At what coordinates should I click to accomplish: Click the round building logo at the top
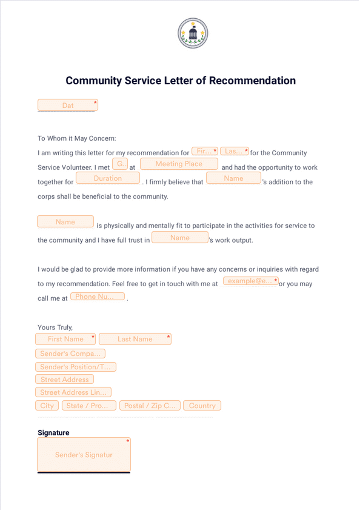(x=193, y=33)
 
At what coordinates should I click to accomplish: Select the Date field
(x=67, y=106)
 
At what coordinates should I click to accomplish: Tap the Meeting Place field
(x=179, y=164)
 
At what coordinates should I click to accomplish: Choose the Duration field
(x=108, y=178)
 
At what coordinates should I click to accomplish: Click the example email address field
(x=250, y=281)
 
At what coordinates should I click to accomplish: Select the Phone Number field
(x=97, y=297)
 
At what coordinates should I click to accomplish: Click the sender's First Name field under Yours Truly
(x=65, y=339)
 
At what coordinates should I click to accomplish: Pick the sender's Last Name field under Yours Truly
(x=135, y=339)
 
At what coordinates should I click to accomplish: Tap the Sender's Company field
(x=70, y=354)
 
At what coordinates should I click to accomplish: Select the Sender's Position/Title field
(x=76, y=367)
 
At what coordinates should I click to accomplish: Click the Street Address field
(x=64, y=380)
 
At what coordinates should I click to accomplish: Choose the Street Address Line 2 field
(x=73, y=392)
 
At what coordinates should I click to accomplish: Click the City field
(x=47, y=406)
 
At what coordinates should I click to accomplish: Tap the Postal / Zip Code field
(x=149, y=406)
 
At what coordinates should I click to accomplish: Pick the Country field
(x=202, y=406)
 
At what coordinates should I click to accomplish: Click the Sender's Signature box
(x=84, y=455)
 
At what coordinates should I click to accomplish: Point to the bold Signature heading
(x=53, y=433)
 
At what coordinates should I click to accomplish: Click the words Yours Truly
(x=55, y=327)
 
